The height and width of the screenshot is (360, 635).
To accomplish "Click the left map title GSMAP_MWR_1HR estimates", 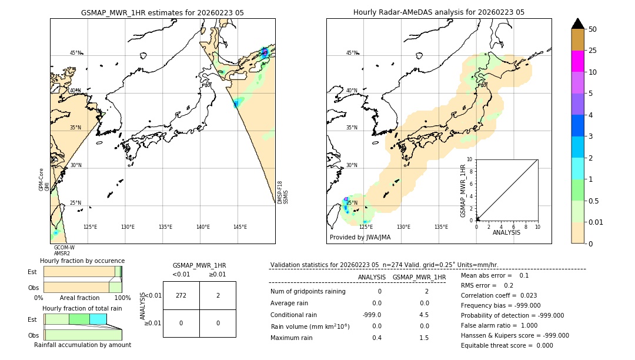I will point(162,12).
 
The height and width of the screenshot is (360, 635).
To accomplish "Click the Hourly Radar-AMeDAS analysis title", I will point(439,12).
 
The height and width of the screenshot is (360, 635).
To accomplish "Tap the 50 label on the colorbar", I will point(593,29).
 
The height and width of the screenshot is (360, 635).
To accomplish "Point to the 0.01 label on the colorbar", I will point(596,222).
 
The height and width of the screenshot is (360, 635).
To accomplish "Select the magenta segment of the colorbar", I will point(577,61).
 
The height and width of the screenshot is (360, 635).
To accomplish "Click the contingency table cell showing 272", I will point(181,295).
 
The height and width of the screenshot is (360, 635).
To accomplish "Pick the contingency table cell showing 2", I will point(218,295).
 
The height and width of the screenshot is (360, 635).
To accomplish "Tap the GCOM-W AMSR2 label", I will point(64,251).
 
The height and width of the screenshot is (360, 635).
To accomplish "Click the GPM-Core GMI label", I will point(44,179).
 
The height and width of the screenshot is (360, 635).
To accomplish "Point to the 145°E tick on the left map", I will point(240,227).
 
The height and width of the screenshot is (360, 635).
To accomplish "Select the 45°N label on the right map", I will point(352,53).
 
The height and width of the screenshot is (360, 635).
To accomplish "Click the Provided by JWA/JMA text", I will point(360,237).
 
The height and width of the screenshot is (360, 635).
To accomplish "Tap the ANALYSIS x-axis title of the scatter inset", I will point(506,232).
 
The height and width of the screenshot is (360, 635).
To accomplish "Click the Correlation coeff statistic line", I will point(499,295).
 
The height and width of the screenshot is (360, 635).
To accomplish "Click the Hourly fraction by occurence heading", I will point(82,261).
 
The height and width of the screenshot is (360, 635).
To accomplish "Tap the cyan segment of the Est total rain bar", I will point(98,319).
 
